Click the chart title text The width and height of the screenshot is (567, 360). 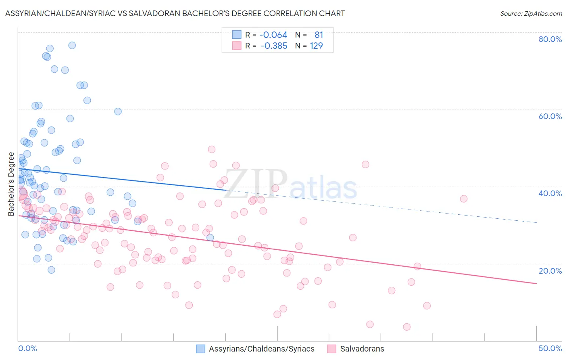pyautogui.click(x=175, y=13)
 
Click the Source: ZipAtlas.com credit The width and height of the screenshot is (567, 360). pyautogui.click(x=531, y=13)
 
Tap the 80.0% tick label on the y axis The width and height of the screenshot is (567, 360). pyautogui.click(x=550, y=39)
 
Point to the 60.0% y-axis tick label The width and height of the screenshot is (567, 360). pyautogui.click(x=550, y=116)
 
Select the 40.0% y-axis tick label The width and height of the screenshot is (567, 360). pyautogui.click(x=550, y=193)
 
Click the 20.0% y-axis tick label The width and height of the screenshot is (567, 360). pyautogui.click(x=550, y=271)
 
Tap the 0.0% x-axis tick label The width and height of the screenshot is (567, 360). pyautogui.click(x=27, y=348)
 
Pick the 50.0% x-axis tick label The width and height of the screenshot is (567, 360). pyautogui.click(x=550, y=348)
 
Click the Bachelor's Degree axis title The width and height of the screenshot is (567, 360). pyautogui.click(x=11, y=184)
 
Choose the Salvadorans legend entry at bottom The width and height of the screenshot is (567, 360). pyautogui.click(x=362, y=349)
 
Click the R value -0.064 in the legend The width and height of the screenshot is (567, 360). pyautogui.click(x=273, y=35)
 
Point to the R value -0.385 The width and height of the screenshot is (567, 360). pyautogui.click(x=274, y=46)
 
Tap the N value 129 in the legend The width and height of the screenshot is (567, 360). pyautogui.click(x=316, y=46)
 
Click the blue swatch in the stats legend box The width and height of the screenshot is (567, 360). pyautogui.click(x=236, y=35)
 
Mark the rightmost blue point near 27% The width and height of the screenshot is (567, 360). pyautogui.click(x=210, y=238)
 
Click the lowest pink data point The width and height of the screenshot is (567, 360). pyautogui.click(x=406, y=327)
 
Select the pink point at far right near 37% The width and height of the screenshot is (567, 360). pyautogui.click(x=463, y=199)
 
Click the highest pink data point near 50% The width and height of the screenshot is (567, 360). pyautogui.click(x=212, y=149)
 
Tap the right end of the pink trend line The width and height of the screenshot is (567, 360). pyautogui.click(x=536, y=284)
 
